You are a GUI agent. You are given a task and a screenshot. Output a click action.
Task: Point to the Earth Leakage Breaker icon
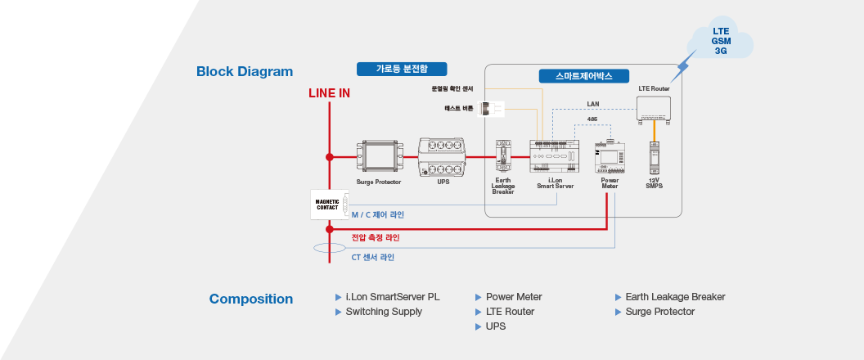(x=502, y=156)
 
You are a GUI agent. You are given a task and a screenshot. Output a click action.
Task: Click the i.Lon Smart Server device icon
(x=555, y=156)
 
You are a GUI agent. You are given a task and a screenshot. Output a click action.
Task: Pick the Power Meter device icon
(x=610, y=157)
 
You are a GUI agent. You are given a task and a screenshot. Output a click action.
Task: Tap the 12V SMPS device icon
(x=654, y=158)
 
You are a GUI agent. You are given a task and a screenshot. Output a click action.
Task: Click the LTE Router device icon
(x=654, y=109)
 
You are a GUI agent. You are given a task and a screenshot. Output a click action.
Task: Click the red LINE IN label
(x=329, y=93)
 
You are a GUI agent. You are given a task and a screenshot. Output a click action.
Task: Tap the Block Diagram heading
(x=245, y=72)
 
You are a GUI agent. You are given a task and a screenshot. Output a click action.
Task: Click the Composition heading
(x=250, y=299)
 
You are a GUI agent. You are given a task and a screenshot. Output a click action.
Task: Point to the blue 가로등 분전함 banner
(x=402, y=69)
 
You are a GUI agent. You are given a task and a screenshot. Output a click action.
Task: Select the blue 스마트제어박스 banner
(x=583, y=76)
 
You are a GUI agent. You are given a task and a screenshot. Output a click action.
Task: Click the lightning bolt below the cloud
(x=682, y=66)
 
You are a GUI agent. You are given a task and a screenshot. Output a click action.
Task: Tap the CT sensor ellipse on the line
(x=330, y=248)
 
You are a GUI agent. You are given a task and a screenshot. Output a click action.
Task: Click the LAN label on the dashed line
(x=593, y=104)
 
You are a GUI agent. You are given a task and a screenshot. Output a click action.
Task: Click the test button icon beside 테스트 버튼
(x=490, y=109)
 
